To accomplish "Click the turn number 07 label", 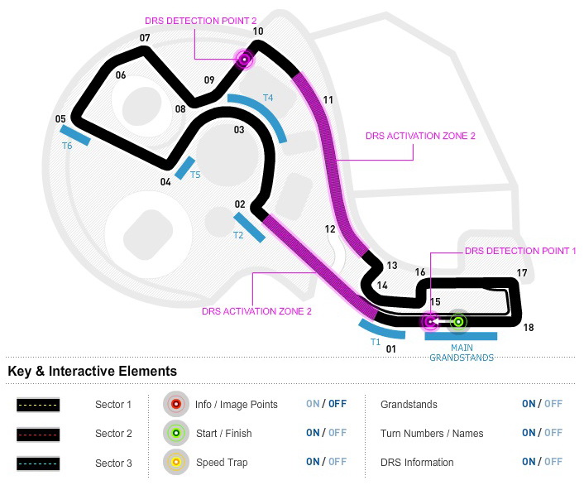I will pyautogui.click(x=145, y=38).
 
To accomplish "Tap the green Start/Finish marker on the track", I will pyautogui.click(x=458, y=321).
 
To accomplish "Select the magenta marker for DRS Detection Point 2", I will pyautogui.click(x=244, y=58).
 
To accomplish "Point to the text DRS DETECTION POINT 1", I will pyautogui.click(x=520, y=251).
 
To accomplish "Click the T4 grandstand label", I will pyautogui.click(x=268, y=98).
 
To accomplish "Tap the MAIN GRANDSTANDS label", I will pyautogui.click(x=461, y=353).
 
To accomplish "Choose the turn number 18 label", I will pyautogui.click(x=529, y=328).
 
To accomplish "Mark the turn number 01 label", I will pyautogui.click(x=391, y=348).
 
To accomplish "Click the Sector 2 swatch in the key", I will pyautogui.click(x=37, y=434).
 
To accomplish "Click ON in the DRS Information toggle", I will pyautogui.click(x=528, y=462).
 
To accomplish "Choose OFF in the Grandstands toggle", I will pyautogui.click(x=553, y=404).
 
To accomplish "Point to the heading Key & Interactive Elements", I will pyautogui.click(x=92, y=372).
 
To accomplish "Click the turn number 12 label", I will pyautogui.click(x=330, y=228).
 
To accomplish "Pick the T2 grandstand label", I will pyautogui.click(x=238, y=235).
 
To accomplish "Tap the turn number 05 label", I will pyautogui.click(x=60, y=119).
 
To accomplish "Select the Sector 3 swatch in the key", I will pyautogui.click(x=37, y=463).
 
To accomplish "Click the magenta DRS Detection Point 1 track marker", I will pyautogui.click(x=429, y=321).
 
